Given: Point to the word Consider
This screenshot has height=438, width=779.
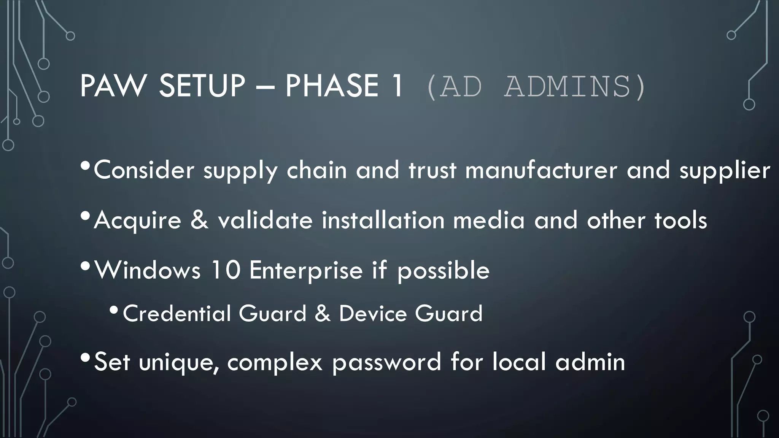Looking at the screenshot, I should [x=144, y=170].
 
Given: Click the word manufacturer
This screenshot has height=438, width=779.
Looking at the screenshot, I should [x=541, y=170].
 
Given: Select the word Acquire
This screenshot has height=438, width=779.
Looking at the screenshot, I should [x=137, y=221].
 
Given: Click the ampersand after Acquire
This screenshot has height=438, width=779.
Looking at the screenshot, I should [x=200, y=220].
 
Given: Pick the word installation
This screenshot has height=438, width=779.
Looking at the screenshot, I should [x=383, y=220].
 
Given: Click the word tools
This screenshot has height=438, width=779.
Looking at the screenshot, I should [x=680, y=220].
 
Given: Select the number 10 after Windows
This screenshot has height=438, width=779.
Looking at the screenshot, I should [x=225, y=270].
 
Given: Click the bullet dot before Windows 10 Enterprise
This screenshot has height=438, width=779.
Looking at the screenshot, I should [x=86, y=267].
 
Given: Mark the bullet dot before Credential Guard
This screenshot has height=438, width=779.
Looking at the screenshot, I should [x=114, y=311].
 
